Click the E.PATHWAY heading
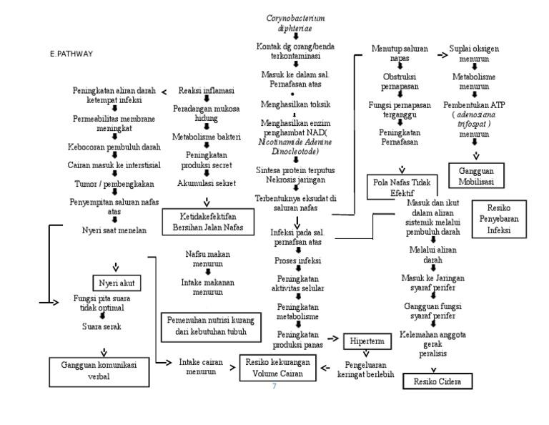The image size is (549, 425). point(71,54)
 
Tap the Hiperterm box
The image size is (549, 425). point(366,341)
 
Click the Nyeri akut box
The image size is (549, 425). point(114,282)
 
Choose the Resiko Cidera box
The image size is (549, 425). point(437,381)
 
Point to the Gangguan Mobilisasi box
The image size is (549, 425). point(475,173)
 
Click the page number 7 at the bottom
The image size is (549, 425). point(274,386)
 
